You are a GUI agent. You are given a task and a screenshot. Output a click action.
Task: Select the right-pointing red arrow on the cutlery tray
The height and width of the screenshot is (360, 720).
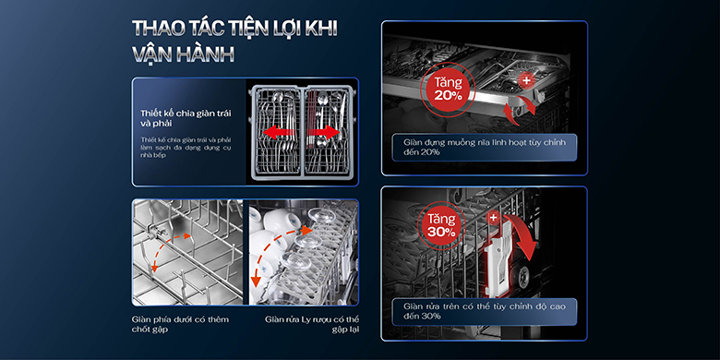(x=322, y=133)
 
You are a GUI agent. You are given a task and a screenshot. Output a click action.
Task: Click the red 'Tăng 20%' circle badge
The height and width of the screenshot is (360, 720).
(x=447, y=90)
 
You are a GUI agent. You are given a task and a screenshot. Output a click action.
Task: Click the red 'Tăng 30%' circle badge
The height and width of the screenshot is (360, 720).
(x=439, y=228)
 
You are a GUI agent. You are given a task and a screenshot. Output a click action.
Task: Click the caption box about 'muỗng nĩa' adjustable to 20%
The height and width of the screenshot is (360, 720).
(x=484, y=147)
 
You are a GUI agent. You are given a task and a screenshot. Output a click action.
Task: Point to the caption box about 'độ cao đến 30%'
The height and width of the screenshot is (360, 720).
(x=484, y=309)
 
